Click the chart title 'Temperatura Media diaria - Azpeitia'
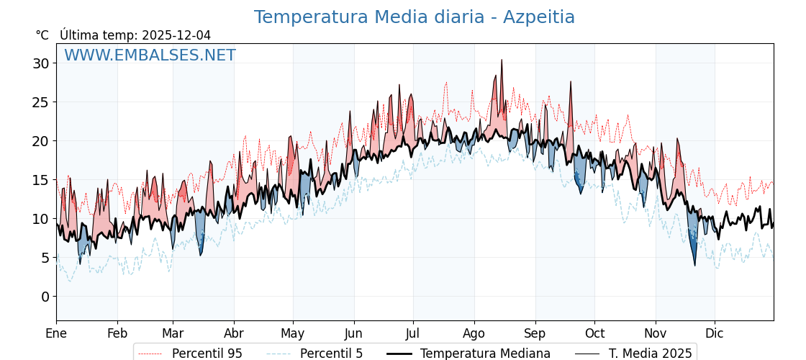(414, 17)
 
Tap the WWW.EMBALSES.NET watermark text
(150, 55)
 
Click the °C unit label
(42, 35)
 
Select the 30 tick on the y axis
(41, 63)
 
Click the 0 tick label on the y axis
(45, 297)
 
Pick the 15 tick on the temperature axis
(41, 180)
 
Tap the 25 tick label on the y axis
(41, 102)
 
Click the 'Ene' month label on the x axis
(56, 333)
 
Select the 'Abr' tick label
(234, 333)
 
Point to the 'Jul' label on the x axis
(413, 333)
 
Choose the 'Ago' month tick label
(474, 333)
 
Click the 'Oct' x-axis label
(594, 333)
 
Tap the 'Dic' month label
(715, 333)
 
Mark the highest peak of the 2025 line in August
(502, 60)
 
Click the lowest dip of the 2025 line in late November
(695, 266)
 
